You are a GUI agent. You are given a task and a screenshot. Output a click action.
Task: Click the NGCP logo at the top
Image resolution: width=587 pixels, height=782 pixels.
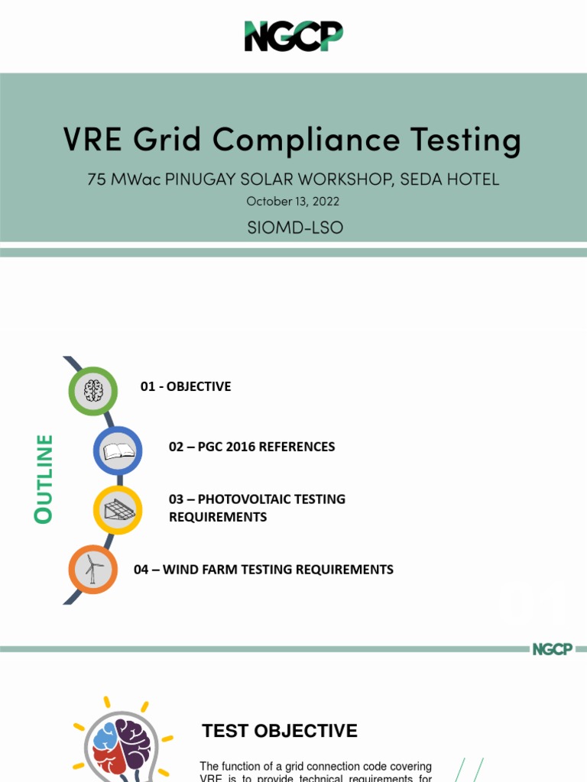(293, 36)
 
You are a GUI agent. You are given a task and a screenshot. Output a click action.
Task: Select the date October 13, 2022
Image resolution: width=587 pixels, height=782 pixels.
(293, 202)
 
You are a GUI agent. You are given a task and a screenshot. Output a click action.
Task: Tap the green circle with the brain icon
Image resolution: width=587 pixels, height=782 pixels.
(93, 391)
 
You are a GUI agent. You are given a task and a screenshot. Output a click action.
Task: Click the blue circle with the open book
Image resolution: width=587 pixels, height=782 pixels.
(118, 451)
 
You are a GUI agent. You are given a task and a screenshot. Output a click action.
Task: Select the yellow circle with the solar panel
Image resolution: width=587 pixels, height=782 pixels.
(118, 509)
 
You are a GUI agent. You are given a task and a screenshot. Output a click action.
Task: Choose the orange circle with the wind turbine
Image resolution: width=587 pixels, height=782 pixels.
(93, 569)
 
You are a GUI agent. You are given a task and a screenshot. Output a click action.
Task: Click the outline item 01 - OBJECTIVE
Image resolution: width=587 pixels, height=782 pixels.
(186, 386)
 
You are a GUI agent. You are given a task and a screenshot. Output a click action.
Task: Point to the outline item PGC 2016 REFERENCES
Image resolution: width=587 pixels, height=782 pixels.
(251, 447)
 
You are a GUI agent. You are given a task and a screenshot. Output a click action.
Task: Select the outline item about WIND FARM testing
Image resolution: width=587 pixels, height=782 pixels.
(264, 569)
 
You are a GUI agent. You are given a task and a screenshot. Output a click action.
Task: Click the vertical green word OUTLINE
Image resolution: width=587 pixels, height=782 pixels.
(44, 479)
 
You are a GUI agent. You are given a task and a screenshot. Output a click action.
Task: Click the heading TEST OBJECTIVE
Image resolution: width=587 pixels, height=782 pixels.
(280, 731)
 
